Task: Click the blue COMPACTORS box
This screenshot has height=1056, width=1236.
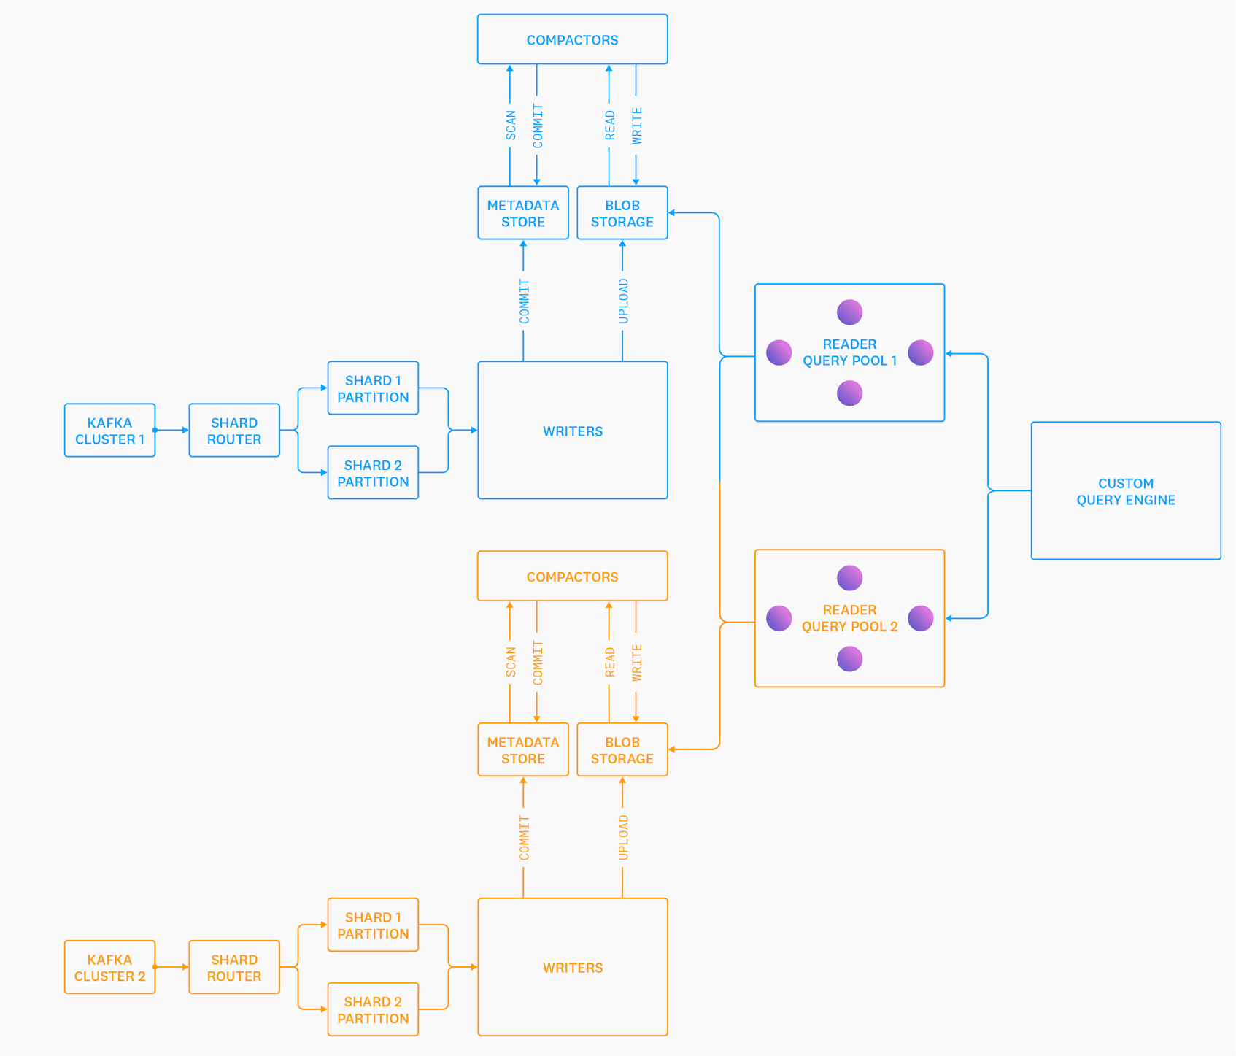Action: pyautogui.click(x=572, y=39)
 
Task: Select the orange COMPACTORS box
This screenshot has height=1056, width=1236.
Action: pyautogui.click(x=572, y=576)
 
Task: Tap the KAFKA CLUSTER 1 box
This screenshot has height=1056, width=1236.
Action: pyautogui.click(x=109, y=431)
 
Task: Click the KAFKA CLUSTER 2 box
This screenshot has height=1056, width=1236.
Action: pyautogui.click(x=109, y=967)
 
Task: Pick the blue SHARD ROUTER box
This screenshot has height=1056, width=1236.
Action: pyautogui.click(x=234, y=431)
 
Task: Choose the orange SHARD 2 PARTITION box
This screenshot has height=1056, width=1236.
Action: pyautogui.click(x=373, y=1009)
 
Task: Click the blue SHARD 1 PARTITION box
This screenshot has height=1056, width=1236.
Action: pyautogui.click(x=373, y=388)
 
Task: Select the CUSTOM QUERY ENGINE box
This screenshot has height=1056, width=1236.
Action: pyautogui.click(x=1125, y=491)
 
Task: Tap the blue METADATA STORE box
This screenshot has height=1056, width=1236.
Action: pyautogui.click(x=523, y=213)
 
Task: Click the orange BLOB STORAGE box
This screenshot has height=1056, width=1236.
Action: pyautogui.click(x=622, y=749)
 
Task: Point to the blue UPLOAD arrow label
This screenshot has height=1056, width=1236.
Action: pyautogui.click(x=623, y=301)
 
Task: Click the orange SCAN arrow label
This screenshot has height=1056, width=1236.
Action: pyautogui.click(x=511, y=662)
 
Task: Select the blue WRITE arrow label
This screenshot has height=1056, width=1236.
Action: pyautogui.click(x=637, y=126)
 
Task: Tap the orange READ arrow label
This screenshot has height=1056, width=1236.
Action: pyautogui.click(x=610, y=662)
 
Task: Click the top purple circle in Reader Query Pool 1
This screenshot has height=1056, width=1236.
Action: pyautogui.click(x=849, y=312)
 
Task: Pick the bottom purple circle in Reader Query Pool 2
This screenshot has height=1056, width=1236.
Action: pyautogui.click(x=849, y=659)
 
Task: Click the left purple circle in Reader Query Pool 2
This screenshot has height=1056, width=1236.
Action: pyautogui.click(x=779, y=618)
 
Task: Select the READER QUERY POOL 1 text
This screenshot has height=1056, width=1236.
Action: pyautogui.click(x=849, y=352)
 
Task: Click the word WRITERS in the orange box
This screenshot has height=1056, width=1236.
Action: pyautogui.click(x=572, y=968)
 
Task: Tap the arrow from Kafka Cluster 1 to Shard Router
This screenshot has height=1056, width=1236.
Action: pyautogui.click(x=172, y=431)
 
